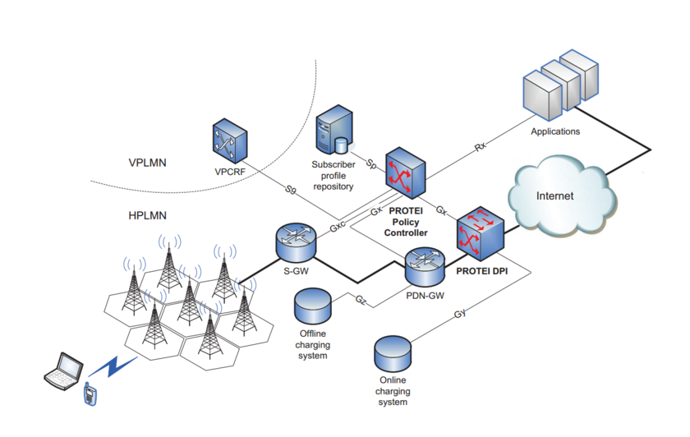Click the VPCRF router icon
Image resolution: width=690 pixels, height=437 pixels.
click(x=228, y=140)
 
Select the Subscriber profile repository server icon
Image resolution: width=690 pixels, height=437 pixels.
click(x=334, y=131)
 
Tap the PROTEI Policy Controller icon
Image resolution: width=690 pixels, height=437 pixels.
click(x=406, y=172)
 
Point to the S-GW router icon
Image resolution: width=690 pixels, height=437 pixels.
click(x=295, y=238)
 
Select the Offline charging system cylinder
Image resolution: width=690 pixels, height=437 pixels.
click(x=313, y=308)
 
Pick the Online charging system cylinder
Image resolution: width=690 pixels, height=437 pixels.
click(x=393, y=352)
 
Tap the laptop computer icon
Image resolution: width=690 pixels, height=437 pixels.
click(x=63, y=370)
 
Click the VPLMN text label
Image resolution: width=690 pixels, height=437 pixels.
click(x=148, y=163)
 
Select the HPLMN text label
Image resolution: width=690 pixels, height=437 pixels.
click(x=148, y=215)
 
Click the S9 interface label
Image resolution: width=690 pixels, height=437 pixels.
click(x=290, y=191)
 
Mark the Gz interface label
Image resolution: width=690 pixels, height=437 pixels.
click(x=361, y=301)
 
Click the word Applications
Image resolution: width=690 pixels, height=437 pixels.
click(x=555, y=131)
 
